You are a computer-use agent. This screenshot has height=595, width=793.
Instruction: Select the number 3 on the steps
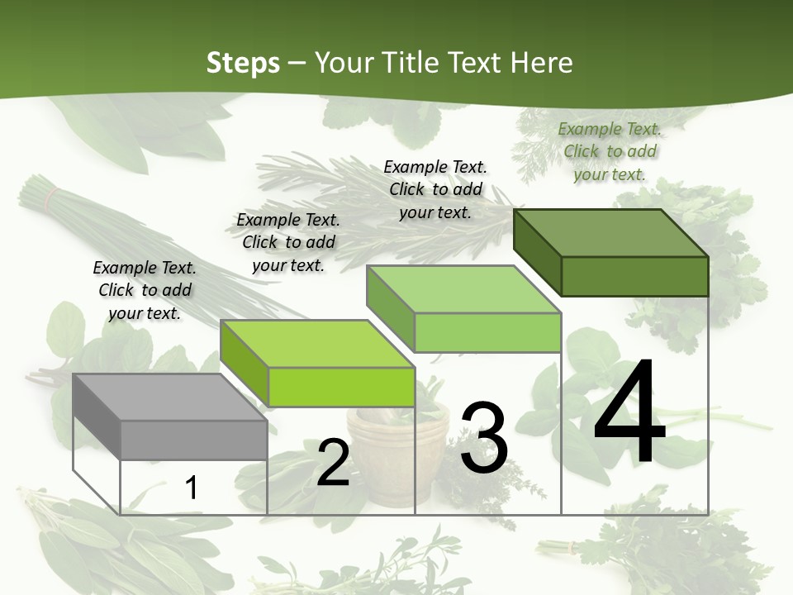coord(484,438)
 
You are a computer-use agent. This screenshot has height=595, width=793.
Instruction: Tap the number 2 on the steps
coord(333,463)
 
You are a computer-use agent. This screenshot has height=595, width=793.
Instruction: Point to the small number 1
coord(191,488)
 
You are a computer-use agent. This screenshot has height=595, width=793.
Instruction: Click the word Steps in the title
coord(243,62)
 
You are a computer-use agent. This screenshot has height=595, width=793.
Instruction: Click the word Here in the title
coord(541,62)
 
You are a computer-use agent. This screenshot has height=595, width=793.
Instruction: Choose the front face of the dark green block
coord(634,276)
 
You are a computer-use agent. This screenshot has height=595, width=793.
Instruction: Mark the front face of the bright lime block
coord(341,387)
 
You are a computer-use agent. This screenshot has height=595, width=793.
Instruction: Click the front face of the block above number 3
coord(487,332)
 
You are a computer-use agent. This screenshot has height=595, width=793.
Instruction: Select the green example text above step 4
coord(610,151)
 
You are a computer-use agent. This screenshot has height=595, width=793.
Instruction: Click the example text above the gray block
coord(145,290)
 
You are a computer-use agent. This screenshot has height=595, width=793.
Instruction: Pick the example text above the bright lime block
coord(288,242)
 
